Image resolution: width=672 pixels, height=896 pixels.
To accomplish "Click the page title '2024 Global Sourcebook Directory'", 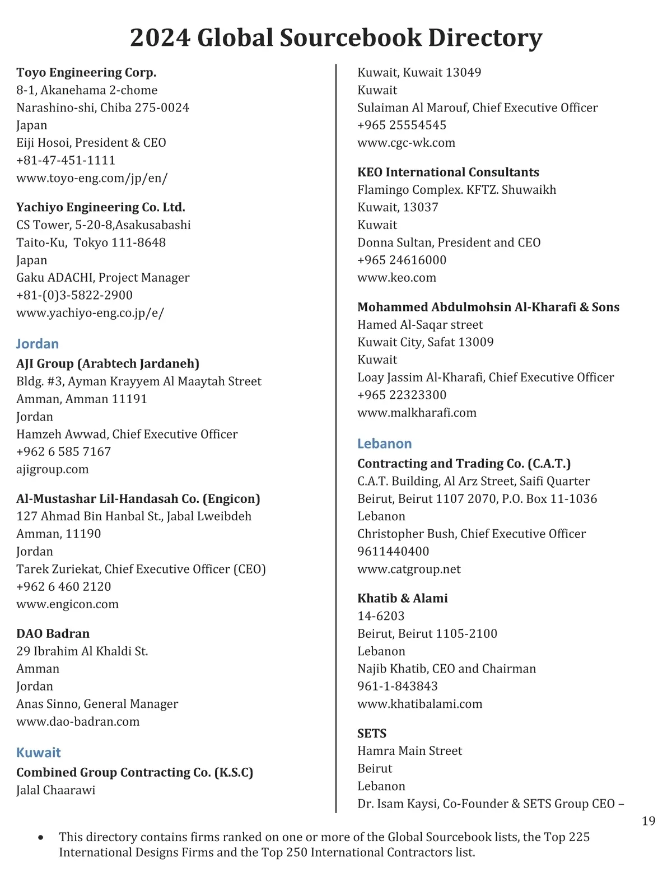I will click(x=336, y=38).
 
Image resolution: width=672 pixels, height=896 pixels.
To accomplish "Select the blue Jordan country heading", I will click(x=38, y=344).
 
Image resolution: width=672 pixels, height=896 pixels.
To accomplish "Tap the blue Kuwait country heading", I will click(x=39, y=753).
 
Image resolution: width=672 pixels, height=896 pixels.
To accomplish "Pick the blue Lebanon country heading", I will click(x=385, y=444).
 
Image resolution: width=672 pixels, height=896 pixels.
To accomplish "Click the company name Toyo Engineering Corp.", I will click(x=86, y=72).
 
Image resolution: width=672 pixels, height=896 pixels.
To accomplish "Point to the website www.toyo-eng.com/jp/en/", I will click(x=92, y=178).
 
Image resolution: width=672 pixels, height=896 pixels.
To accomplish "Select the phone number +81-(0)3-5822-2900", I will click(x=74, y=295).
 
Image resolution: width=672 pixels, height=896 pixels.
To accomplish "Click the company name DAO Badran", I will click(x=53, y=633).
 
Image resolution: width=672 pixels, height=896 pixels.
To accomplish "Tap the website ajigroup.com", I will click(x=52, y=469).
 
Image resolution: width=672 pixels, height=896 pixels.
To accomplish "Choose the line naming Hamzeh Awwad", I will click(x=127, y=434).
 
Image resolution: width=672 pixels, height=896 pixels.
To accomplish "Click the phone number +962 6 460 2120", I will click(x=64, y=586).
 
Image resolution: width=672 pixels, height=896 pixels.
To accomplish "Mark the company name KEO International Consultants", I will click(x=448, y=172).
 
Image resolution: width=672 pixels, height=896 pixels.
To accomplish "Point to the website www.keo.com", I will click(x=396, y=278).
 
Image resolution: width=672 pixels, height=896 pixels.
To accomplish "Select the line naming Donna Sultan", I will click(x=449, y=242).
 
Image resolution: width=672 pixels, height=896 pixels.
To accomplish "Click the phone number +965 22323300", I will click(x=402, y=395).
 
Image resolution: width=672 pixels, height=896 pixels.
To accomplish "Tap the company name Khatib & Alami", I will click(x=403, y=598).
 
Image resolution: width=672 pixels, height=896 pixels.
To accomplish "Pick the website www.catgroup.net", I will click(x=409, y=569).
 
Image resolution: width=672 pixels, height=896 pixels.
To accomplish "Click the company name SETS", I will click(x=372, y=733).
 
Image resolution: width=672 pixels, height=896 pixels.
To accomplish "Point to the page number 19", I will click(x=648, y=822).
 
